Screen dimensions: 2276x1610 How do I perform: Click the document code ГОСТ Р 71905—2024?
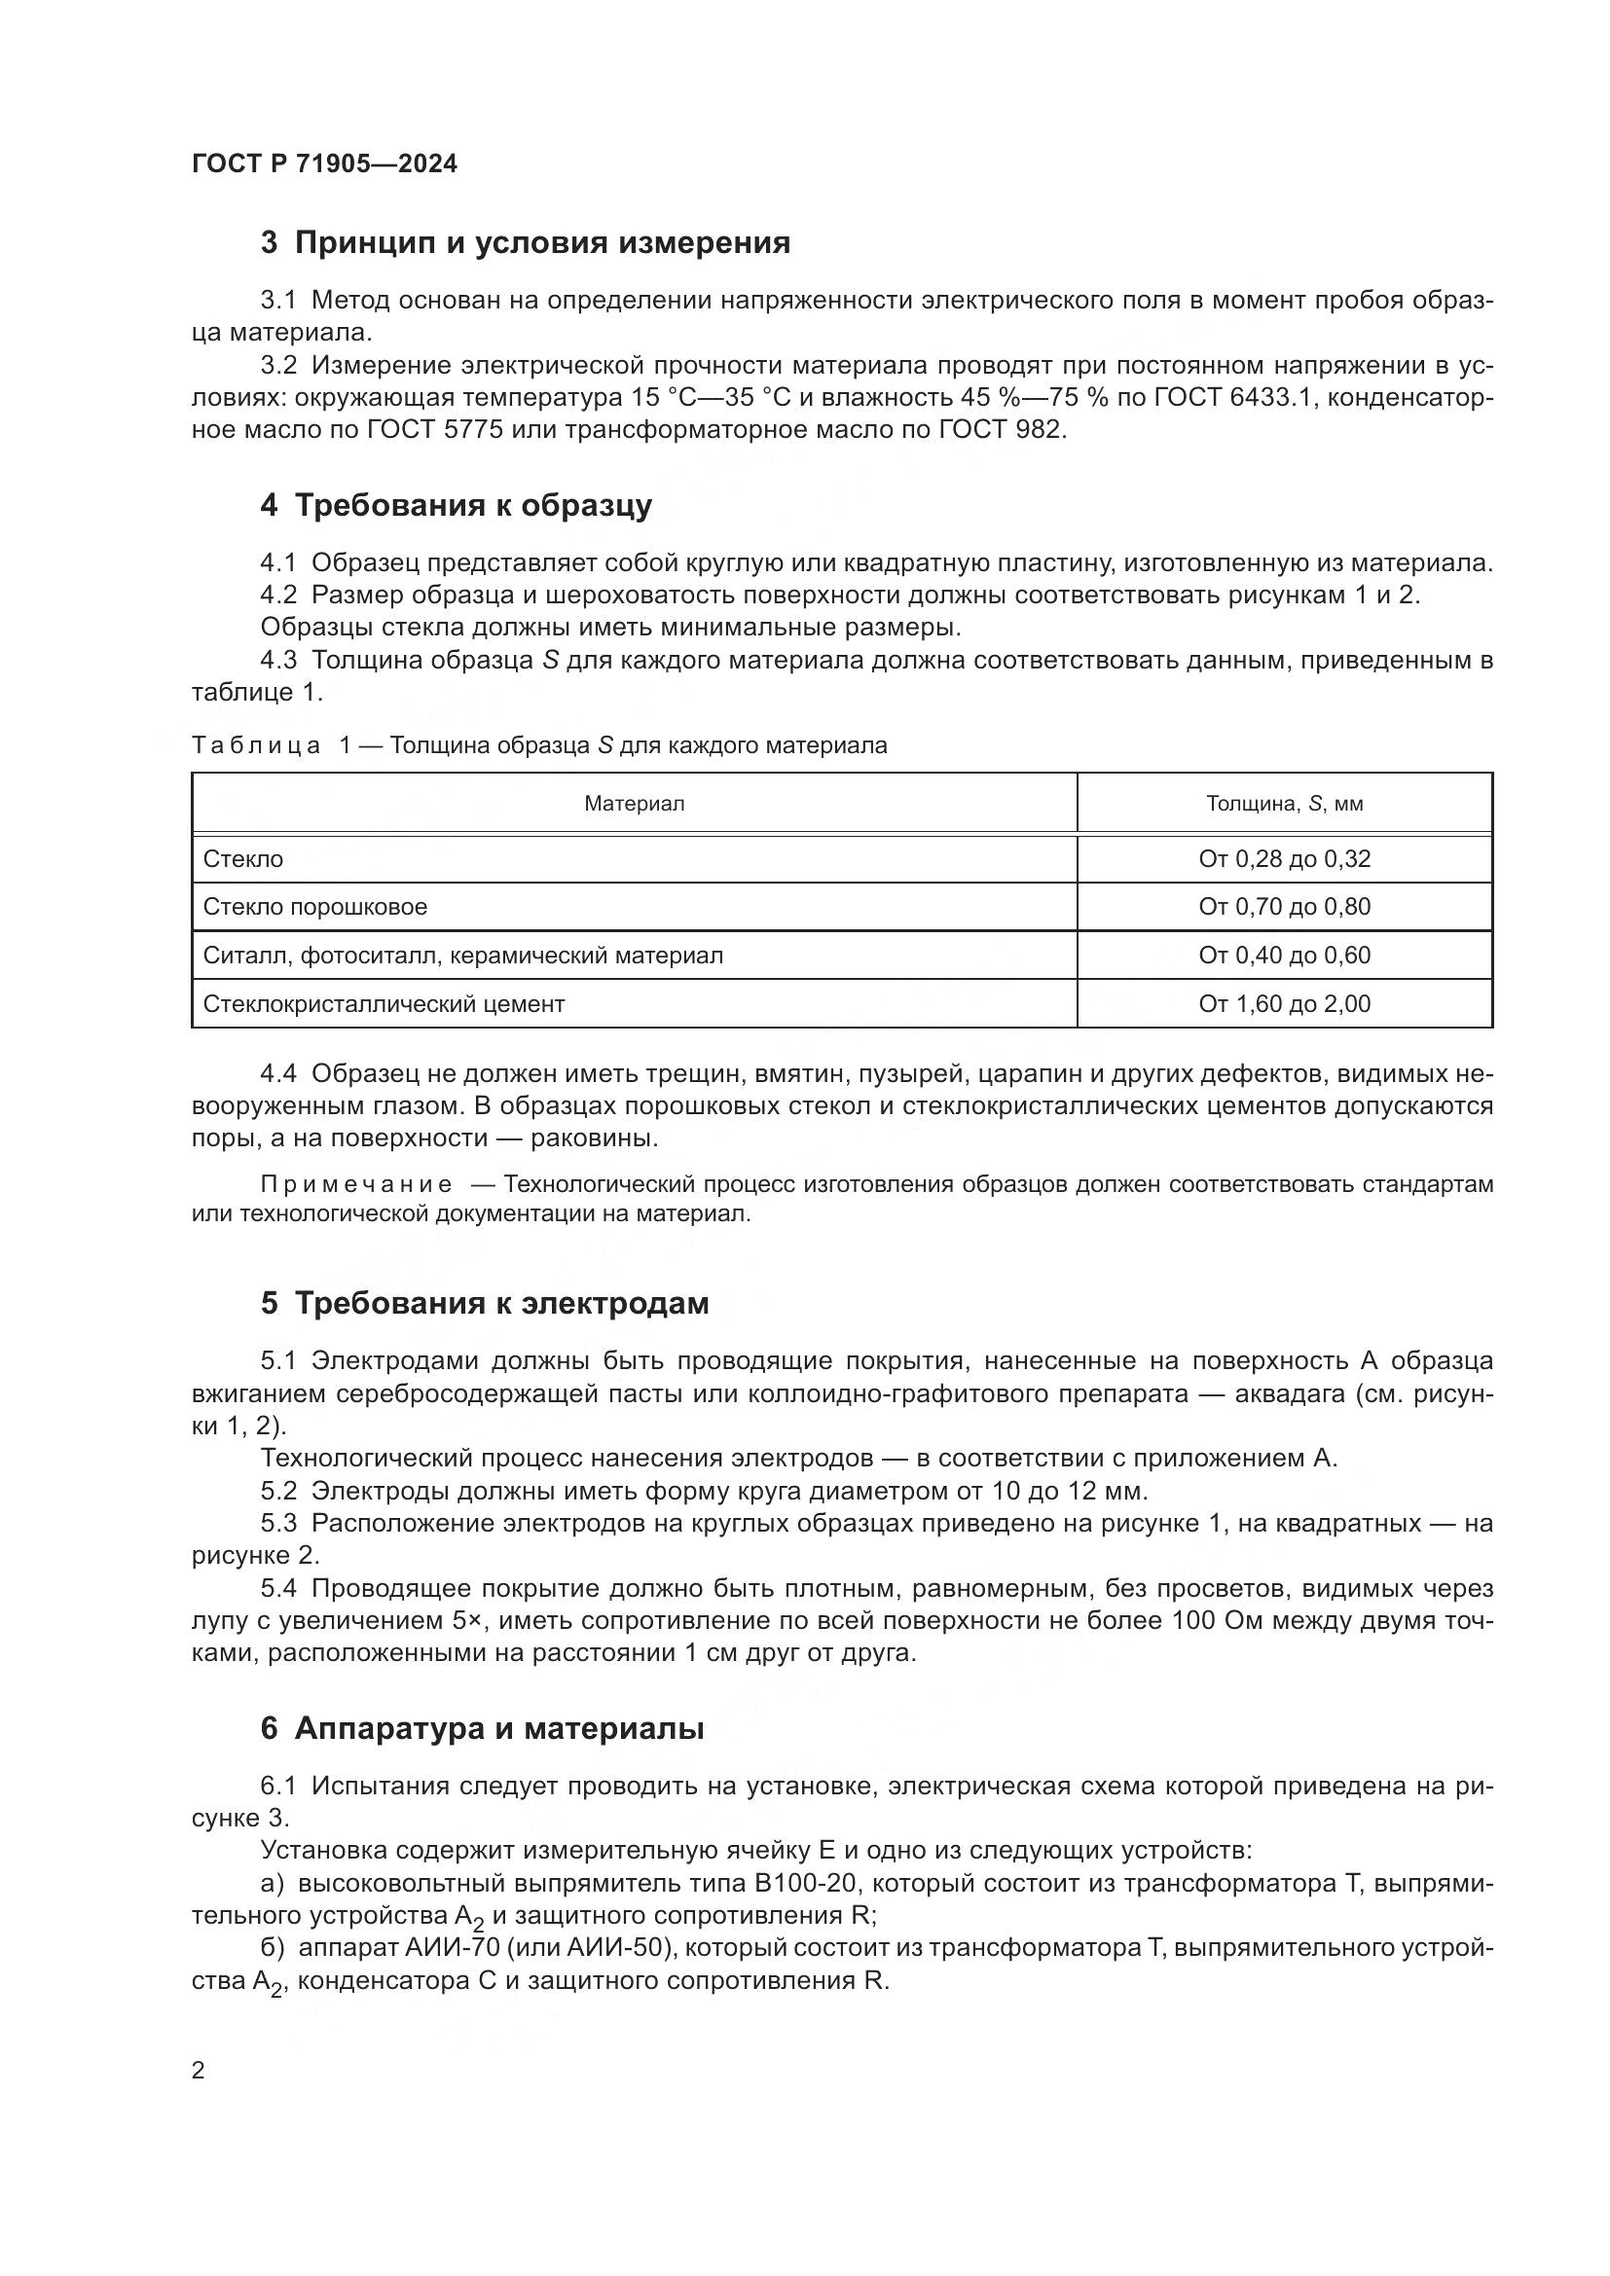coord(324,164)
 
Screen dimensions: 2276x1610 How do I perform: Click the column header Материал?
coord(634,804)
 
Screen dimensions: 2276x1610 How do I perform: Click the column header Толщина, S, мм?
coord(1284,804)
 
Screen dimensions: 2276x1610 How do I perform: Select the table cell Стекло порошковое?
coord(315,907)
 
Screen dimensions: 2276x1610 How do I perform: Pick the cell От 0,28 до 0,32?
coord(1284,859)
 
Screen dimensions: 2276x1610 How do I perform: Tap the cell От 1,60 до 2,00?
coord(1284,1004)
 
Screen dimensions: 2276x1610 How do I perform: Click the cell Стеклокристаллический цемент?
coord(384,1004)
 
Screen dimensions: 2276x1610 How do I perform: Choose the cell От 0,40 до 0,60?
coord(1284,956)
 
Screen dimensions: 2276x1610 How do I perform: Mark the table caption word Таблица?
coord(256,745)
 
